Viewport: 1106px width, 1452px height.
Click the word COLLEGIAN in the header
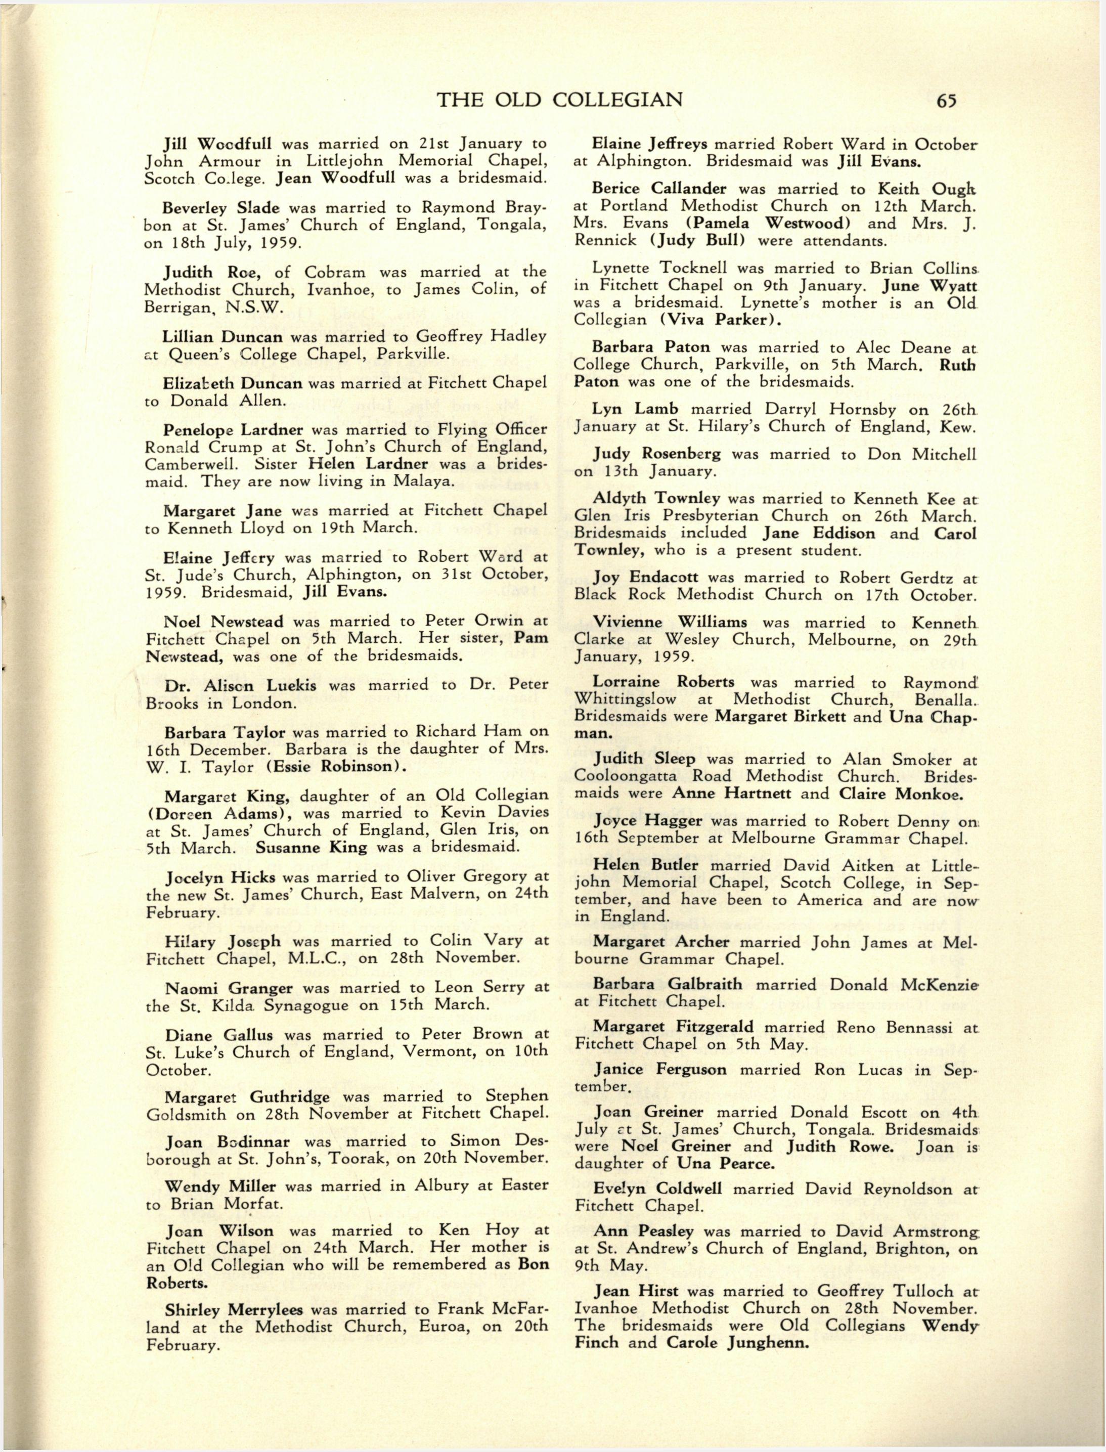coord(618,100)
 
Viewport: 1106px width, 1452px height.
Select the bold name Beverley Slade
coord(220,207)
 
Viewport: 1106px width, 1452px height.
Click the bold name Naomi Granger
coord(229,987)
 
